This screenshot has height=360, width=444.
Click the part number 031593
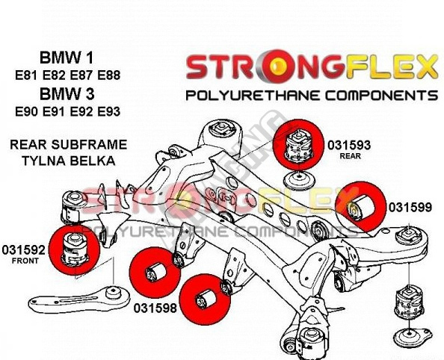[349, 145]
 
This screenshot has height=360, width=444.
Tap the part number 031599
[410, 208]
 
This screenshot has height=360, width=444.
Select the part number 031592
[23, 250]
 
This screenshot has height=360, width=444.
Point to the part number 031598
[155, 308]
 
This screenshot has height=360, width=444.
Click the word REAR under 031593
[351, 156]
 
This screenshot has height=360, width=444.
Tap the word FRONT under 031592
[25, 261]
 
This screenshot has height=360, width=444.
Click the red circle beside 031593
[298, 145]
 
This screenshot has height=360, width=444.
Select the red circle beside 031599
[360, 206]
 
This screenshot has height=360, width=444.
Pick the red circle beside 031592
[74, 249]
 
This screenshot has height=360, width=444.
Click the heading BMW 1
[67, 58]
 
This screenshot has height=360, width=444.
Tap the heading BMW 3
[67, 94]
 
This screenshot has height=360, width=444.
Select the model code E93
[109, 112]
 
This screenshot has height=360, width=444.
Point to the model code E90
[26, 112]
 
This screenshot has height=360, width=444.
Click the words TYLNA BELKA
[69, 161]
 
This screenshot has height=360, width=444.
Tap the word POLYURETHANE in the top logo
[253, 96]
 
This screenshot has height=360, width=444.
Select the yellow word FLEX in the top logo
[392, 66]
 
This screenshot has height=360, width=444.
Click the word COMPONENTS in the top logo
[381, 96]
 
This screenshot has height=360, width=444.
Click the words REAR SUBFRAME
[69, 145]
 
